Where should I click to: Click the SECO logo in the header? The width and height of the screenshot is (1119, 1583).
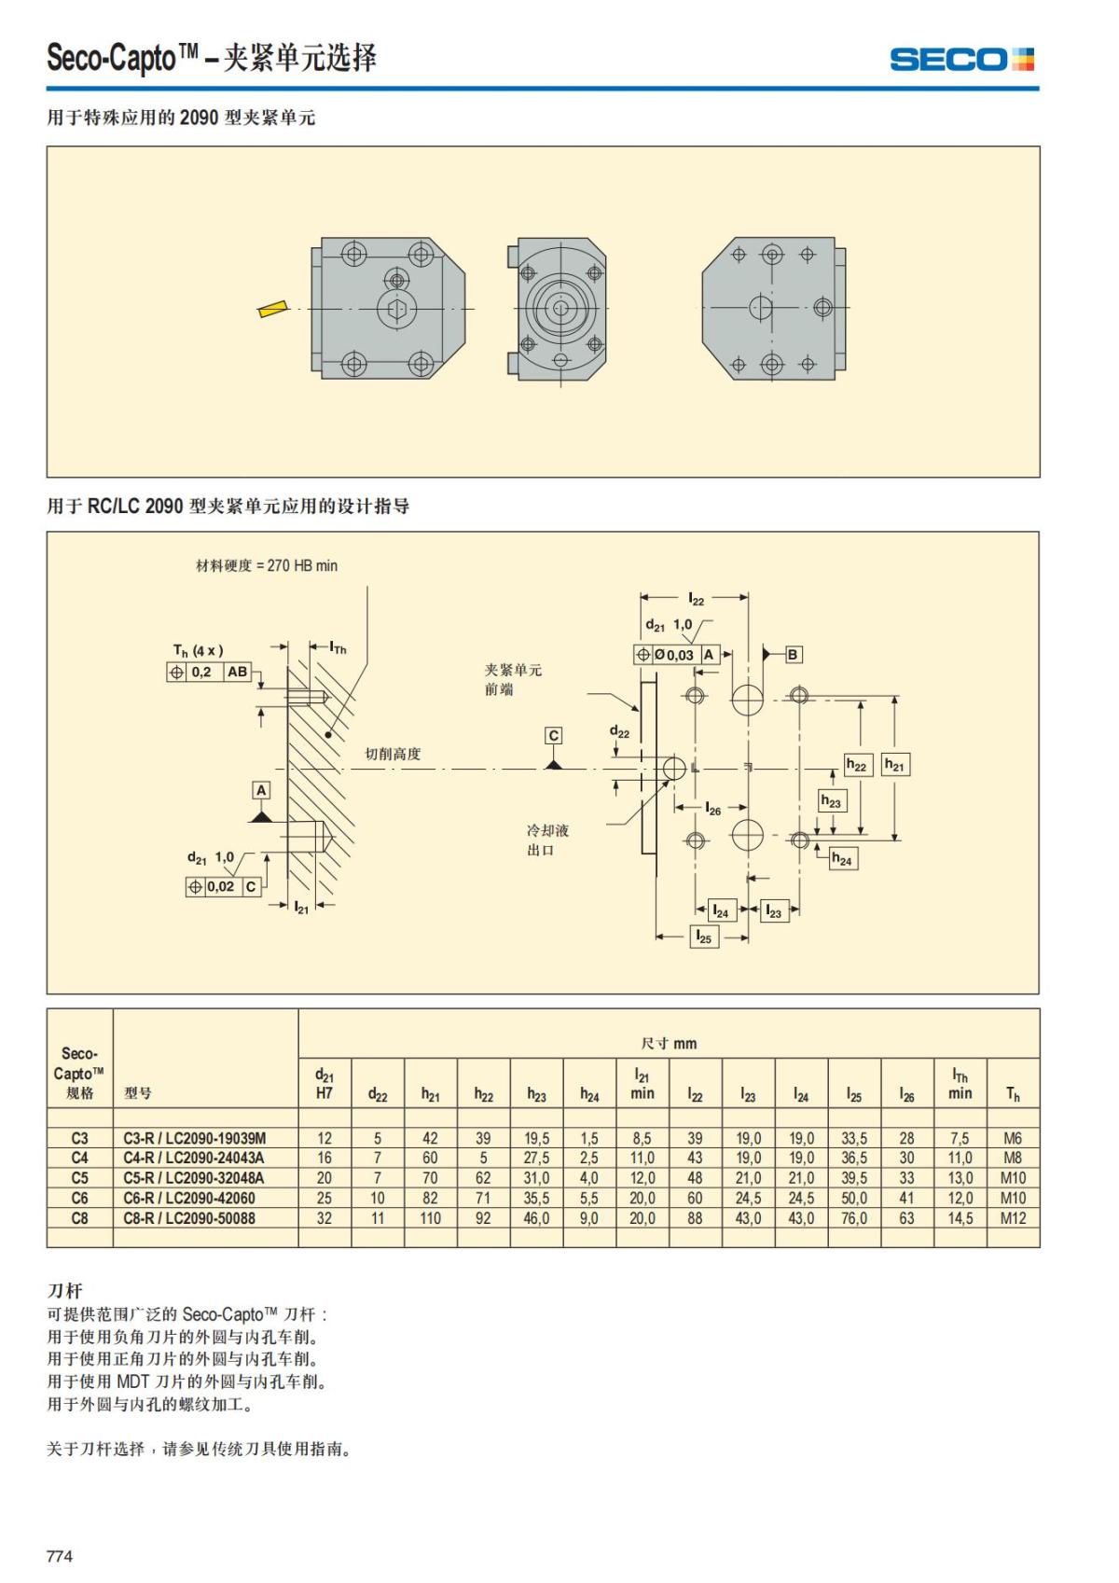click(961, 60)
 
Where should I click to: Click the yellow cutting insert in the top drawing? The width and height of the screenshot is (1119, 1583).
click(273, 309)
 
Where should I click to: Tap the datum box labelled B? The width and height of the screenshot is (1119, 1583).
click(793, 655)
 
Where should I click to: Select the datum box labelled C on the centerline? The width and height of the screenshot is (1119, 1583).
click(553, 736)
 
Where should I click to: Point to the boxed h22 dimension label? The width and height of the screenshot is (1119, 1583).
click(856, 766)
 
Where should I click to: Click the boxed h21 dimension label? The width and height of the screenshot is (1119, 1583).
click(894, 766)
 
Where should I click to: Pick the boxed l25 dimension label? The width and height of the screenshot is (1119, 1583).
click(704, 937)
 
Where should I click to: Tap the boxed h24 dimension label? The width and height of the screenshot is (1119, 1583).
click(842, 859)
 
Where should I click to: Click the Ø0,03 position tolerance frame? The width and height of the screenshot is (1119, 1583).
click(676, 655)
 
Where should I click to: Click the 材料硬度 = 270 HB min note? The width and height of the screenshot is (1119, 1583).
click(266, 565)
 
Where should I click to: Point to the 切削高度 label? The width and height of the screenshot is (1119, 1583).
click(393, 754)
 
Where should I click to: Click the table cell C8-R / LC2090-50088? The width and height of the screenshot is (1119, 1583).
click(189, 1218)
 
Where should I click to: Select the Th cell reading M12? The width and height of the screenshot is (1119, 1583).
click(1013, 1218)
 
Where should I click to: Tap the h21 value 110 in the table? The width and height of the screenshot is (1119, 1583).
click(430, 1218)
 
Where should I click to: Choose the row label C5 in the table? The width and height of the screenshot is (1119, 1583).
click(79, 1178)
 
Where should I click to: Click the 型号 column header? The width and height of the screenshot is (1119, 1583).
click(138, 1093)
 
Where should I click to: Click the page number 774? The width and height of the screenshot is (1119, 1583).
click(60, 1556)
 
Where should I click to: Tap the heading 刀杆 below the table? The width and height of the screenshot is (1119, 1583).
click(64, 1291)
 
